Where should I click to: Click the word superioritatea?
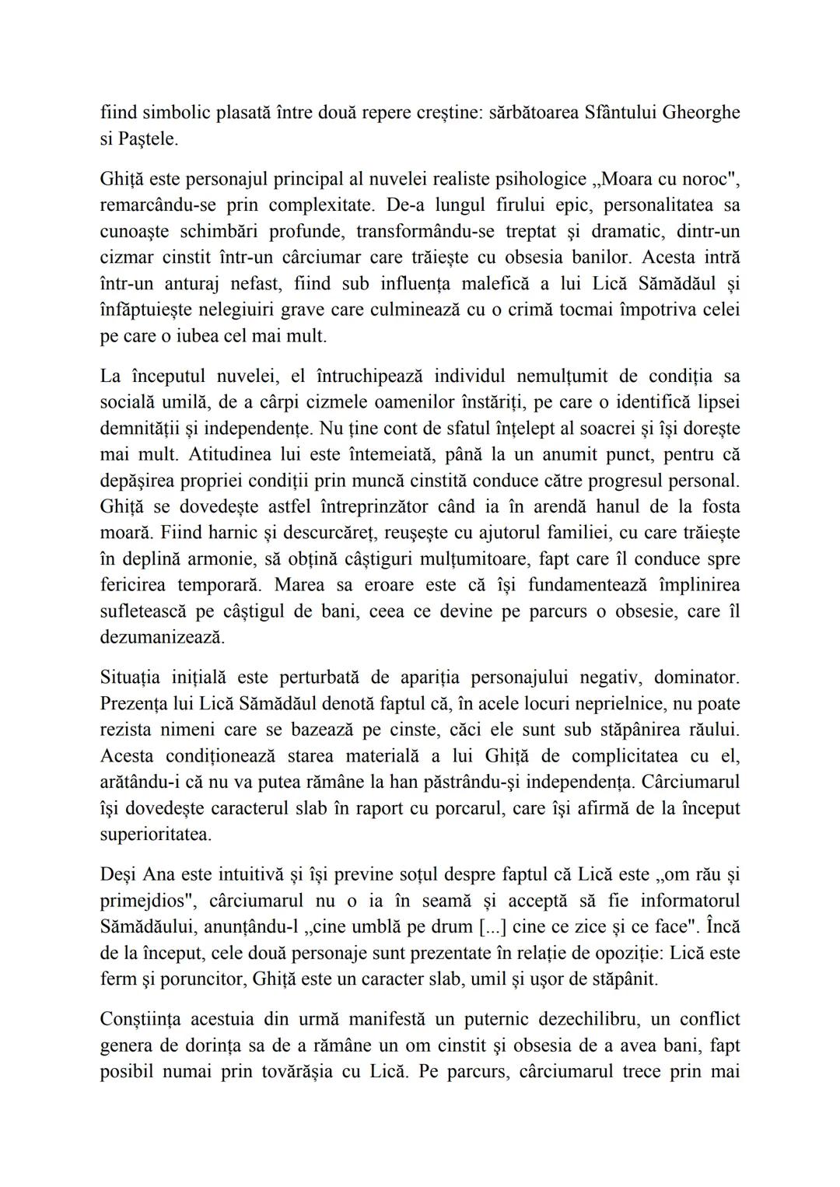click(x=156, y=835)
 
